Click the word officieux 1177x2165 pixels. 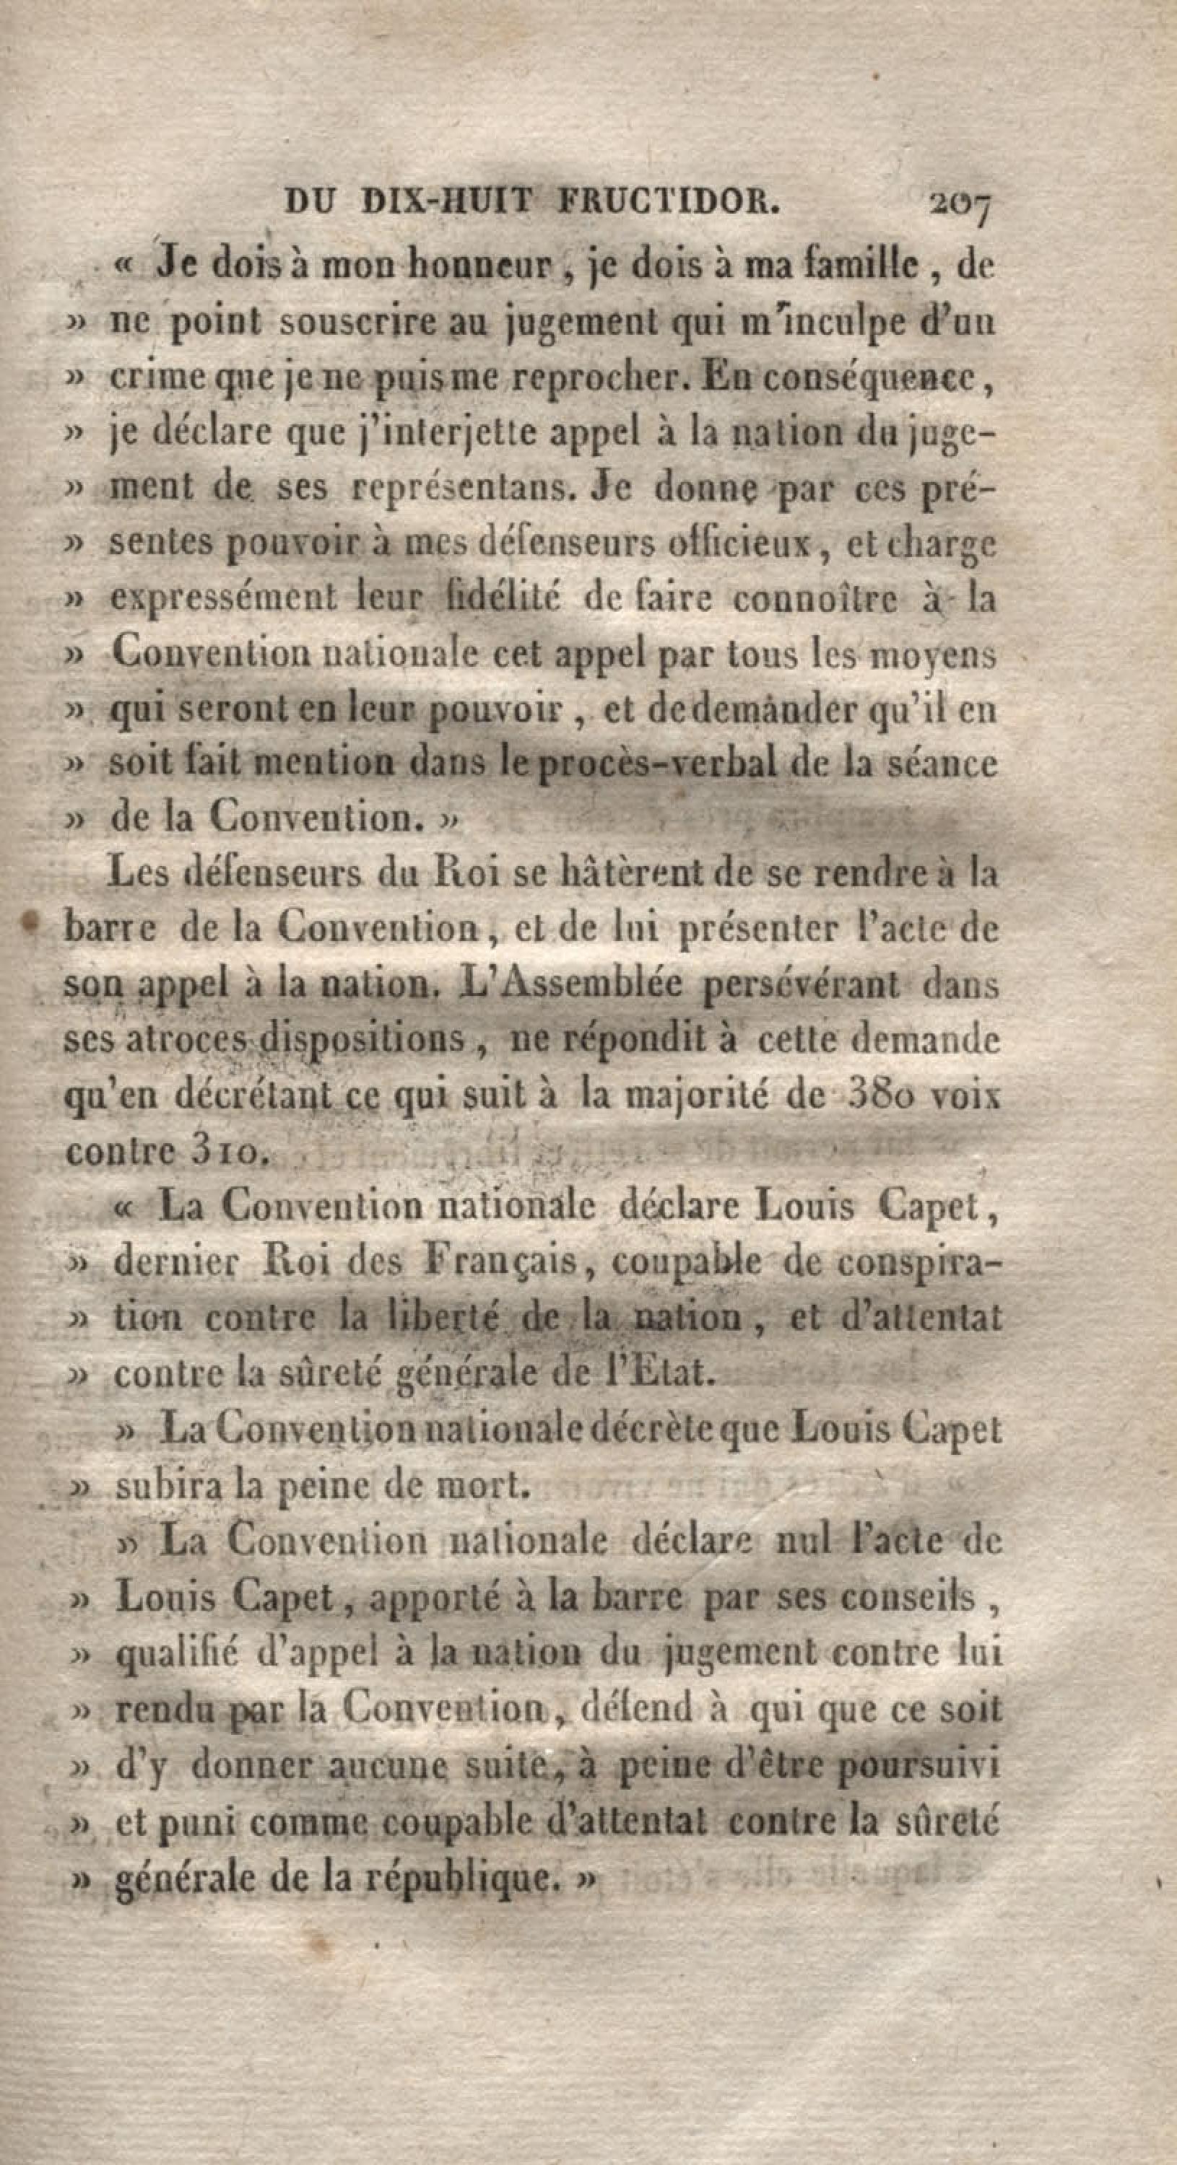point(737,543)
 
